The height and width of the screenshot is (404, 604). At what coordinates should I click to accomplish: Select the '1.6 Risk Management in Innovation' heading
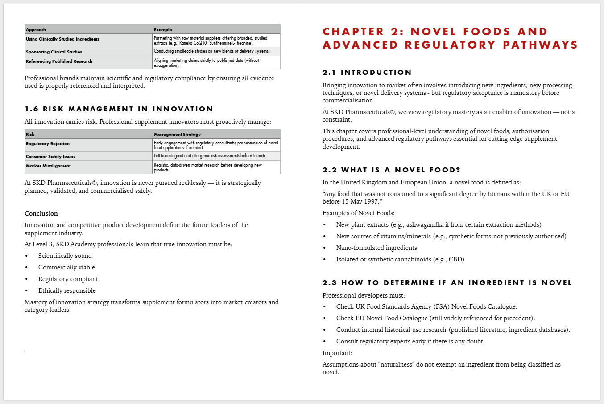[119, 109]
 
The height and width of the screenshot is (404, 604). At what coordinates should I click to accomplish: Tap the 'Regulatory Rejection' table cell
[48, 144]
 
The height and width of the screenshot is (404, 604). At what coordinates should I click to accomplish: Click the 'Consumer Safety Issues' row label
[50, 157]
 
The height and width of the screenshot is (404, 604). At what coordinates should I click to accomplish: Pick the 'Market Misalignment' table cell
[48, 166]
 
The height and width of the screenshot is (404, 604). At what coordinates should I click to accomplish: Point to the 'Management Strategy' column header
[177, 134]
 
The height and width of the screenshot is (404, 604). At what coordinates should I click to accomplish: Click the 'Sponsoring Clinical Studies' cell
[54, 52]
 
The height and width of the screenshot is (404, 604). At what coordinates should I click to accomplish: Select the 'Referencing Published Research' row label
[59, 61]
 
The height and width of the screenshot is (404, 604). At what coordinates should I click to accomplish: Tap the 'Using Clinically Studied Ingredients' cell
[62, 39]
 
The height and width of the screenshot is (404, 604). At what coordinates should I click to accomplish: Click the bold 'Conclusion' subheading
[41, 213]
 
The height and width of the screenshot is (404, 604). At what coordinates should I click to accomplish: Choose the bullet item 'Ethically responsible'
[67, 290]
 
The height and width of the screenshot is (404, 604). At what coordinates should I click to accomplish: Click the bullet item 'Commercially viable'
[66, 267]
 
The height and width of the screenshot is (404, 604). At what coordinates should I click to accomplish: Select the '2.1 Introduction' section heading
[367, 73]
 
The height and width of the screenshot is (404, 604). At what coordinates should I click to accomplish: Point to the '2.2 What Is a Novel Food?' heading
[391, 170]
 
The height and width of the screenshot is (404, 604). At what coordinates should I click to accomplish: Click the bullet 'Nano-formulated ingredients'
[376, 248]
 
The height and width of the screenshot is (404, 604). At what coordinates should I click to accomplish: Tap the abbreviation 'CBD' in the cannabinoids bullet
[455, 259]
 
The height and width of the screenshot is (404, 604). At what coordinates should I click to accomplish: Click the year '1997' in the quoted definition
[365, 201]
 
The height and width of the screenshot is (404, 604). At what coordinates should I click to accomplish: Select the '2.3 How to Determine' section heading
[447, 283]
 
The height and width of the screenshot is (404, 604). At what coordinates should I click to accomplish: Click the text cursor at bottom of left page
[25, 355]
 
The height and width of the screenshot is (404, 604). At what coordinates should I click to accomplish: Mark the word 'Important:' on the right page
[337, 353]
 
